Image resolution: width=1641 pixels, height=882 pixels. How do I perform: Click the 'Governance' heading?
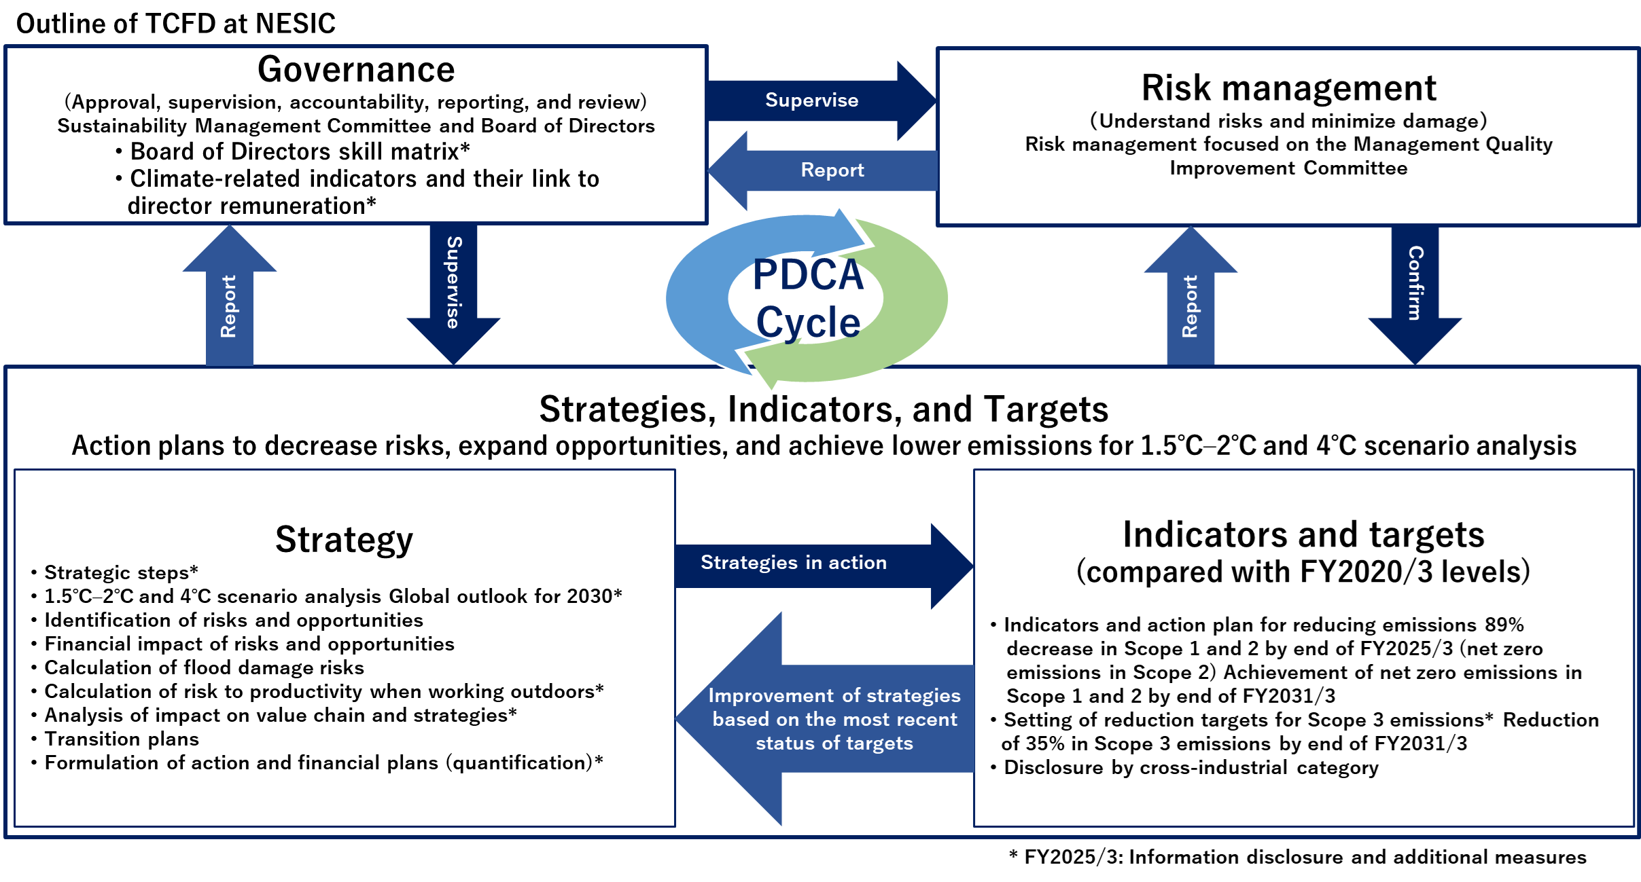click(356, 69)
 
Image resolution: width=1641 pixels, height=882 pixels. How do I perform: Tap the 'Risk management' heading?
click(1288, 88)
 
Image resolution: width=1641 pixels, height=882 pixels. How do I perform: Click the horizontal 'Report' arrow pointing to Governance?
click(822, 170)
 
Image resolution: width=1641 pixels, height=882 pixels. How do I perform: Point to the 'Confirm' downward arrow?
click(1415, 295)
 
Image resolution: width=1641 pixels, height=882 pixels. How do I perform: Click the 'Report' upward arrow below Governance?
click(230, 295)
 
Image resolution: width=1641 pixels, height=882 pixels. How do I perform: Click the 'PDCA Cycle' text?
click(808, 298)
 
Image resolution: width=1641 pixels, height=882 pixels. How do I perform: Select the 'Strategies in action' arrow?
click(824, 566)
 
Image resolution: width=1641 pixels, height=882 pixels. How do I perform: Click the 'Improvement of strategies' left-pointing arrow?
click(824, 718)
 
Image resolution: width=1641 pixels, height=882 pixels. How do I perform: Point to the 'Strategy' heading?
click(345, 540)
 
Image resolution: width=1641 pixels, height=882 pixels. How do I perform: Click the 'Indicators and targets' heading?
click(1303, 534)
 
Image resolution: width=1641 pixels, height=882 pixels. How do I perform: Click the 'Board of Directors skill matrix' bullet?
click(293, 151)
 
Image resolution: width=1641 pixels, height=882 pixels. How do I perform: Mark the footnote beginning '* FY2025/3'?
click(1297, 857)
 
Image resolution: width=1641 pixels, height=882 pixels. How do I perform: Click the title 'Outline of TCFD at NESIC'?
click(175, 24)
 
